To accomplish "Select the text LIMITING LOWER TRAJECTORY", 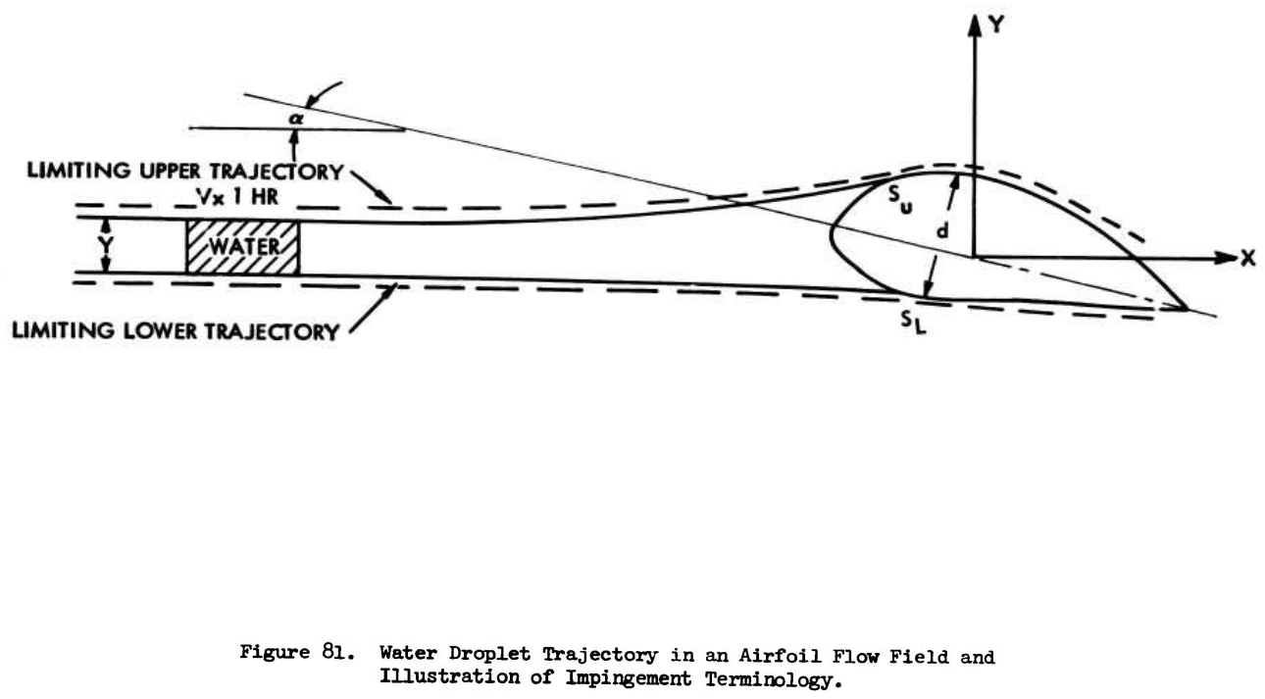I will click(174, 331).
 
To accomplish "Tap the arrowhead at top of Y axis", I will click(974, 25).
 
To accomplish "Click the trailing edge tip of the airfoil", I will click(1187, 309).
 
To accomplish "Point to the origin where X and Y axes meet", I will click(974, 258).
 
